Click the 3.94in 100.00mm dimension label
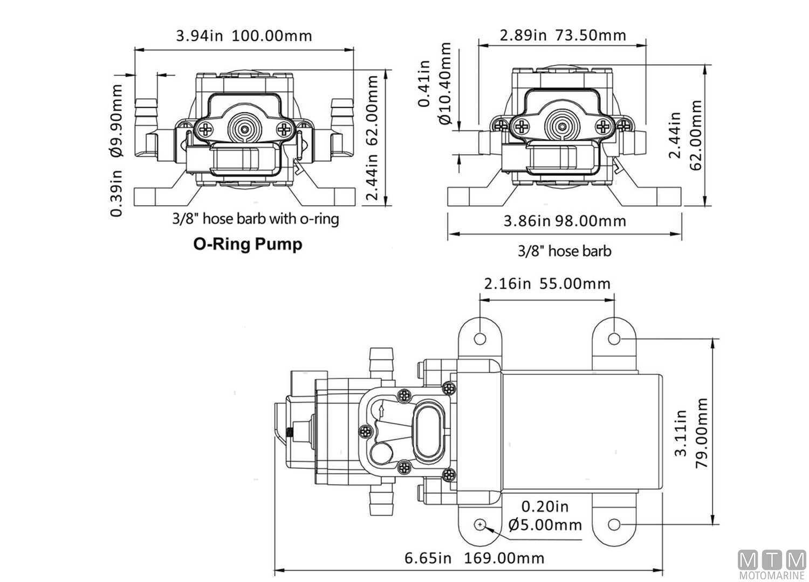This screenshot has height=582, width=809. [x=244, y=36]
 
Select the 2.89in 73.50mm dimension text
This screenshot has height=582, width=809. [x=563, y=35]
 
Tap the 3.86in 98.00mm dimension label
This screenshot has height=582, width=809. [x=565, y=221]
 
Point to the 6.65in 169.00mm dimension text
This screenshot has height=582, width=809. [x=475, y=558]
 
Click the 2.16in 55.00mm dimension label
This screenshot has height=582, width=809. [x=547, y=283]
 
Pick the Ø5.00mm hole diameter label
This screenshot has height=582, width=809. [x=545, y=524]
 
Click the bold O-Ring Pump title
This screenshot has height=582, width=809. [x=248, y=244]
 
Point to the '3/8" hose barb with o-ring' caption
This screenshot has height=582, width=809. [x=256, y=219]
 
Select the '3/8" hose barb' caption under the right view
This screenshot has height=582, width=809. [x=565, y=251]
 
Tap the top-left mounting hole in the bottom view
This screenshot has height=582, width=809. [x=479, y=338]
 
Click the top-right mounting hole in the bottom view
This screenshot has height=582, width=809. [x=614, y=338]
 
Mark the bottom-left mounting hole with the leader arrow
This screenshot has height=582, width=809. [x=479, y=525]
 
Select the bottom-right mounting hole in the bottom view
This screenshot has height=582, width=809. [x=614, y=525]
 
